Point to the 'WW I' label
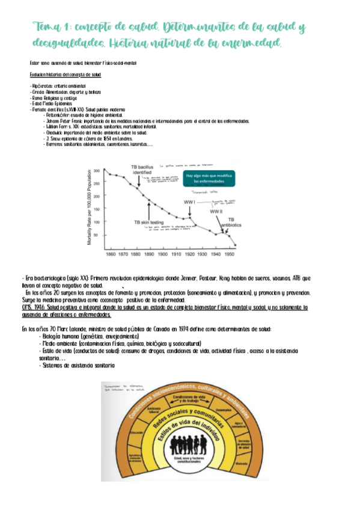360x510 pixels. (x=189, y=203)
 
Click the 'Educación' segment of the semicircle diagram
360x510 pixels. (x=135, y=432)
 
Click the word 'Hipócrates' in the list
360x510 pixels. (x=41, y=87)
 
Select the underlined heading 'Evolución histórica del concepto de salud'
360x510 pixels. (x=66, y=75)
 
